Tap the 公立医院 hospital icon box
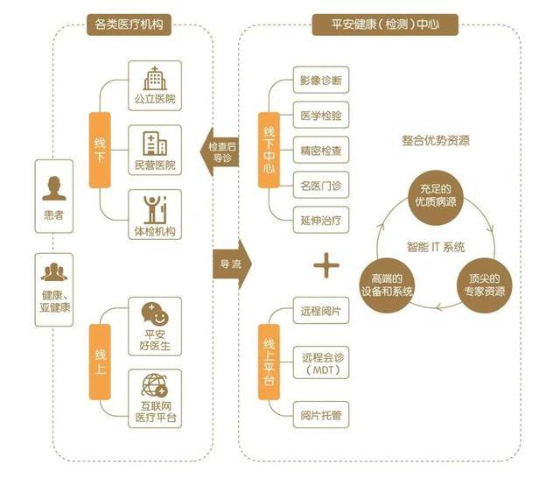(154, 84)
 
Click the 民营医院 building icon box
(154, 149)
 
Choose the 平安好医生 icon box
(154, 325)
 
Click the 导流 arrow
(228, 262)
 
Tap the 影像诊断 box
(320, 81)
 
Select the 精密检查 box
(320, 150)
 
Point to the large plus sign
(325, 265)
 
